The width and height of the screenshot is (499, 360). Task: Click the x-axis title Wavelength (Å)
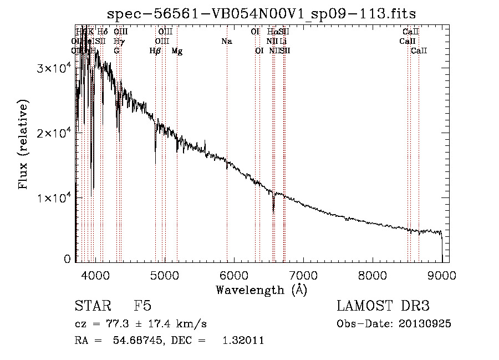(x=261, y=290)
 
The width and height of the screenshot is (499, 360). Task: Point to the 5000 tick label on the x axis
(x=164, y=275)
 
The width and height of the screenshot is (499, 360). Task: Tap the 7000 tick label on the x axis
(x=303, y=275)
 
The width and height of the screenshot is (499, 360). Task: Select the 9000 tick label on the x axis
(x=442, y=275)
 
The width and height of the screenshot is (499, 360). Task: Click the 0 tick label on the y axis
(x=67, y=259)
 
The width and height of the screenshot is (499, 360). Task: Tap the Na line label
(x=226, y=41)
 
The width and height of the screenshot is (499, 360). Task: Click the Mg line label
(x=177, y=51)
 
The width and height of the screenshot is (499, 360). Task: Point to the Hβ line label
(x=155, y=51)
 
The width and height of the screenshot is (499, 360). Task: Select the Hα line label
(x=271, y=32)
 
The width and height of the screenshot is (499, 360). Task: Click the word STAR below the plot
(x=92, y=306)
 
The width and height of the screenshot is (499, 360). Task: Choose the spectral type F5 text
(x=142, y=306)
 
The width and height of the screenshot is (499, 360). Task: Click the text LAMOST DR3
(x=383, y=306)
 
